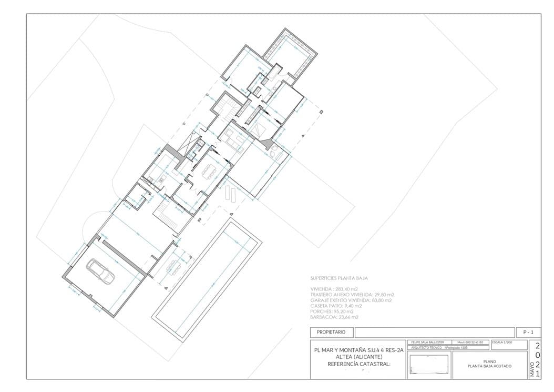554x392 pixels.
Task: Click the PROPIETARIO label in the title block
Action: [x=331, y=332]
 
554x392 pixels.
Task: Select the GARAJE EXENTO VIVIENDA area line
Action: [x=351, y=300]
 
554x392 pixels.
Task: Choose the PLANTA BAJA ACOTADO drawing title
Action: [x=489, y=366]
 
